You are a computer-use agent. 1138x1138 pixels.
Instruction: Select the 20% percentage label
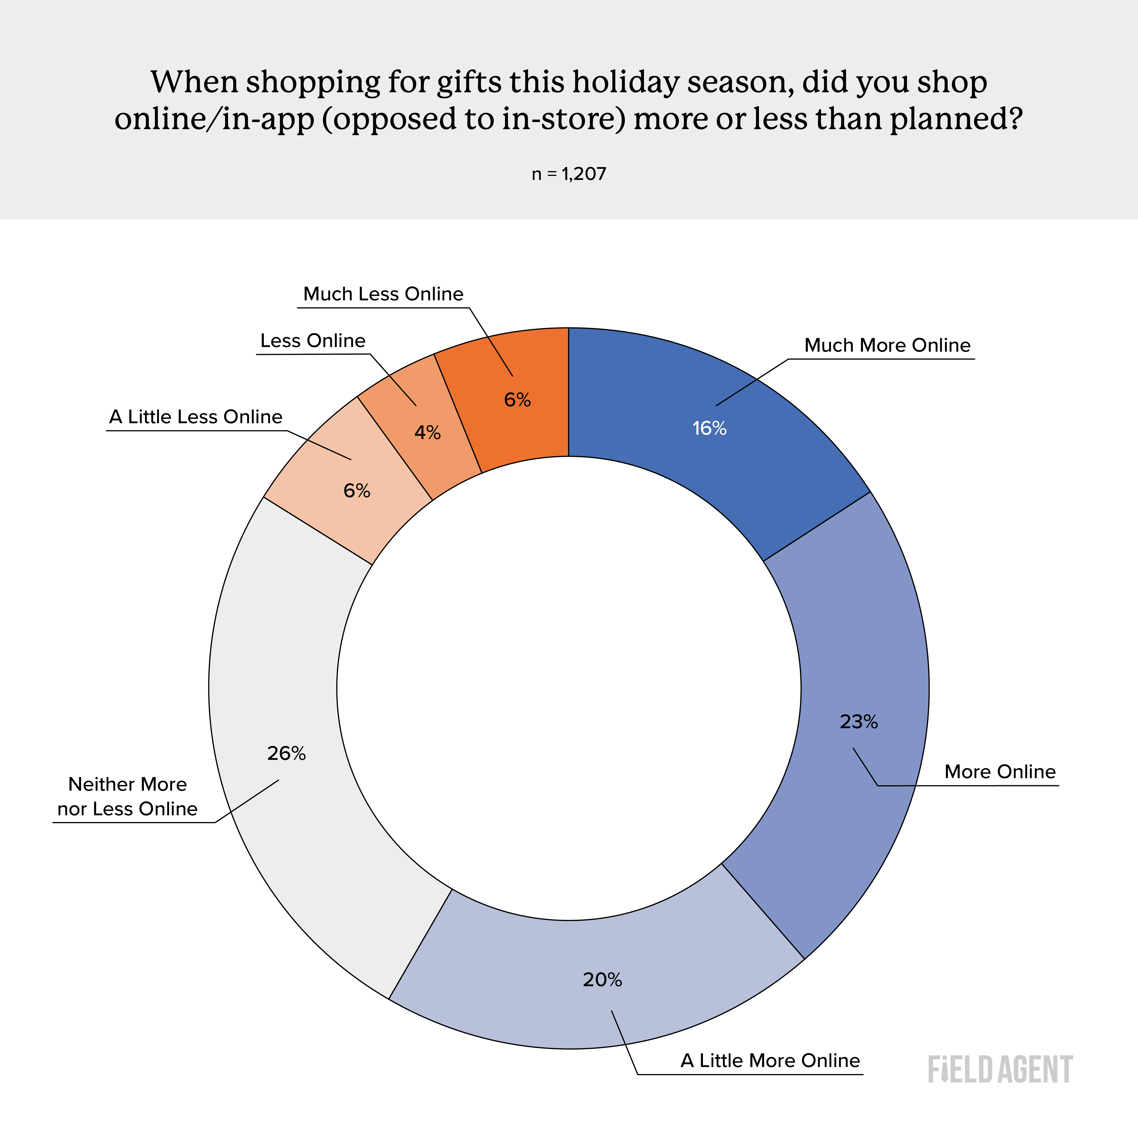(602, 980)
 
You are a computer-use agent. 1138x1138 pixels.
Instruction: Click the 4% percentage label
(428, 433)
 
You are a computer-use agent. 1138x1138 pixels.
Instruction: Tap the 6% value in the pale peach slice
(357, 491)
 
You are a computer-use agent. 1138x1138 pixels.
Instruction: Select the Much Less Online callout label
(383, 294)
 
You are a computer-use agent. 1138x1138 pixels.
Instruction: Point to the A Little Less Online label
(196, 417)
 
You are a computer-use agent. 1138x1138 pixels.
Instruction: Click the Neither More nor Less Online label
(127, 796)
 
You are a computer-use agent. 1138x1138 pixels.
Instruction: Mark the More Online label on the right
(1000, 772)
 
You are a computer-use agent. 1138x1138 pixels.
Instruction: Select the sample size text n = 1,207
(569, 174)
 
